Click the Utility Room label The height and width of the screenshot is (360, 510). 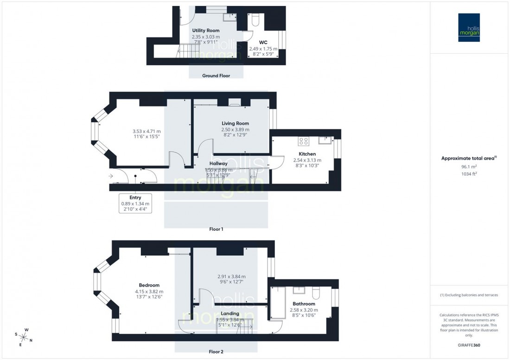click(x=206, y=31)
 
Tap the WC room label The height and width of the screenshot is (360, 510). click(x=263, y=42)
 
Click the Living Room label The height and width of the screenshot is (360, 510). click(x=235, y=123)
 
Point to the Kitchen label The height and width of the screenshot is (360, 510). click(x=307, y=154)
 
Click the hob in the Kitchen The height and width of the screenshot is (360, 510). click(x=304, y=141)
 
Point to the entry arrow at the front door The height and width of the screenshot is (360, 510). click(x=110, y=177)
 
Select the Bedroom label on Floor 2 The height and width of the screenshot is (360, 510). click(x=149, y=285)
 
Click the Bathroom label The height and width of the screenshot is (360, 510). click(x=304, y=304)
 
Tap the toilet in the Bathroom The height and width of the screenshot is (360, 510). click(x=316, y=293)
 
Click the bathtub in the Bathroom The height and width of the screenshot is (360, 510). click(x=277, y=303)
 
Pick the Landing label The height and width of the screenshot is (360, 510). click(x=230, y=314)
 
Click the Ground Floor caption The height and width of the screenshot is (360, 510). click(x=216, y=76)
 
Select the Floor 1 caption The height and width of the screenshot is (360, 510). click(x=216, y=229)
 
